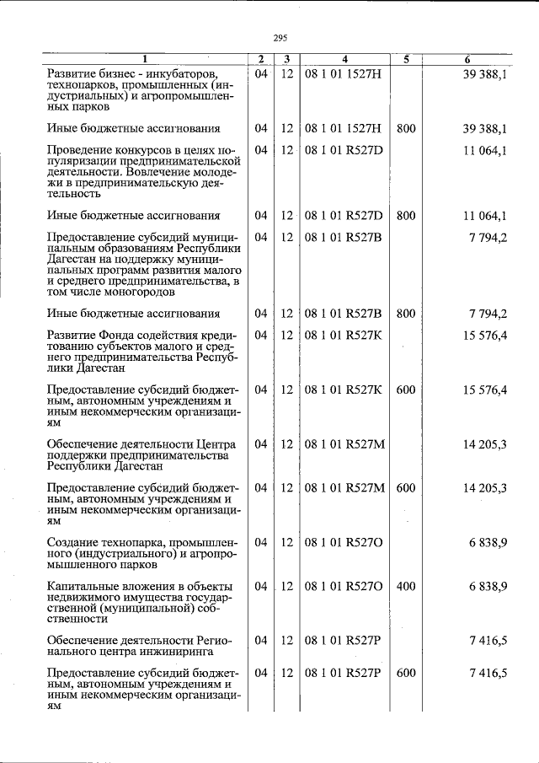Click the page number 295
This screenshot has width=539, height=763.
coord(280,37)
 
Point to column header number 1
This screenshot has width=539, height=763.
coord(144,59)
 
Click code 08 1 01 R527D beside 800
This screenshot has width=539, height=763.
coord(344,216)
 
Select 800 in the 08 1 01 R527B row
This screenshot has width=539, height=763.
coord(405,314)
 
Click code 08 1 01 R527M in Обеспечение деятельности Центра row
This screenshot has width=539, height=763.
coord(344,444)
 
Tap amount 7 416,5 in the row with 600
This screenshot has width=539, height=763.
coord(488,673)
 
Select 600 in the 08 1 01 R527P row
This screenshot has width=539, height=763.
coord(405,673)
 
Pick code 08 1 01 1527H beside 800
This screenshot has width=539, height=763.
coord(343,129)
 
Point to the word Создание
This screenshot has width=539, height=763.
coord(75,542)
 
